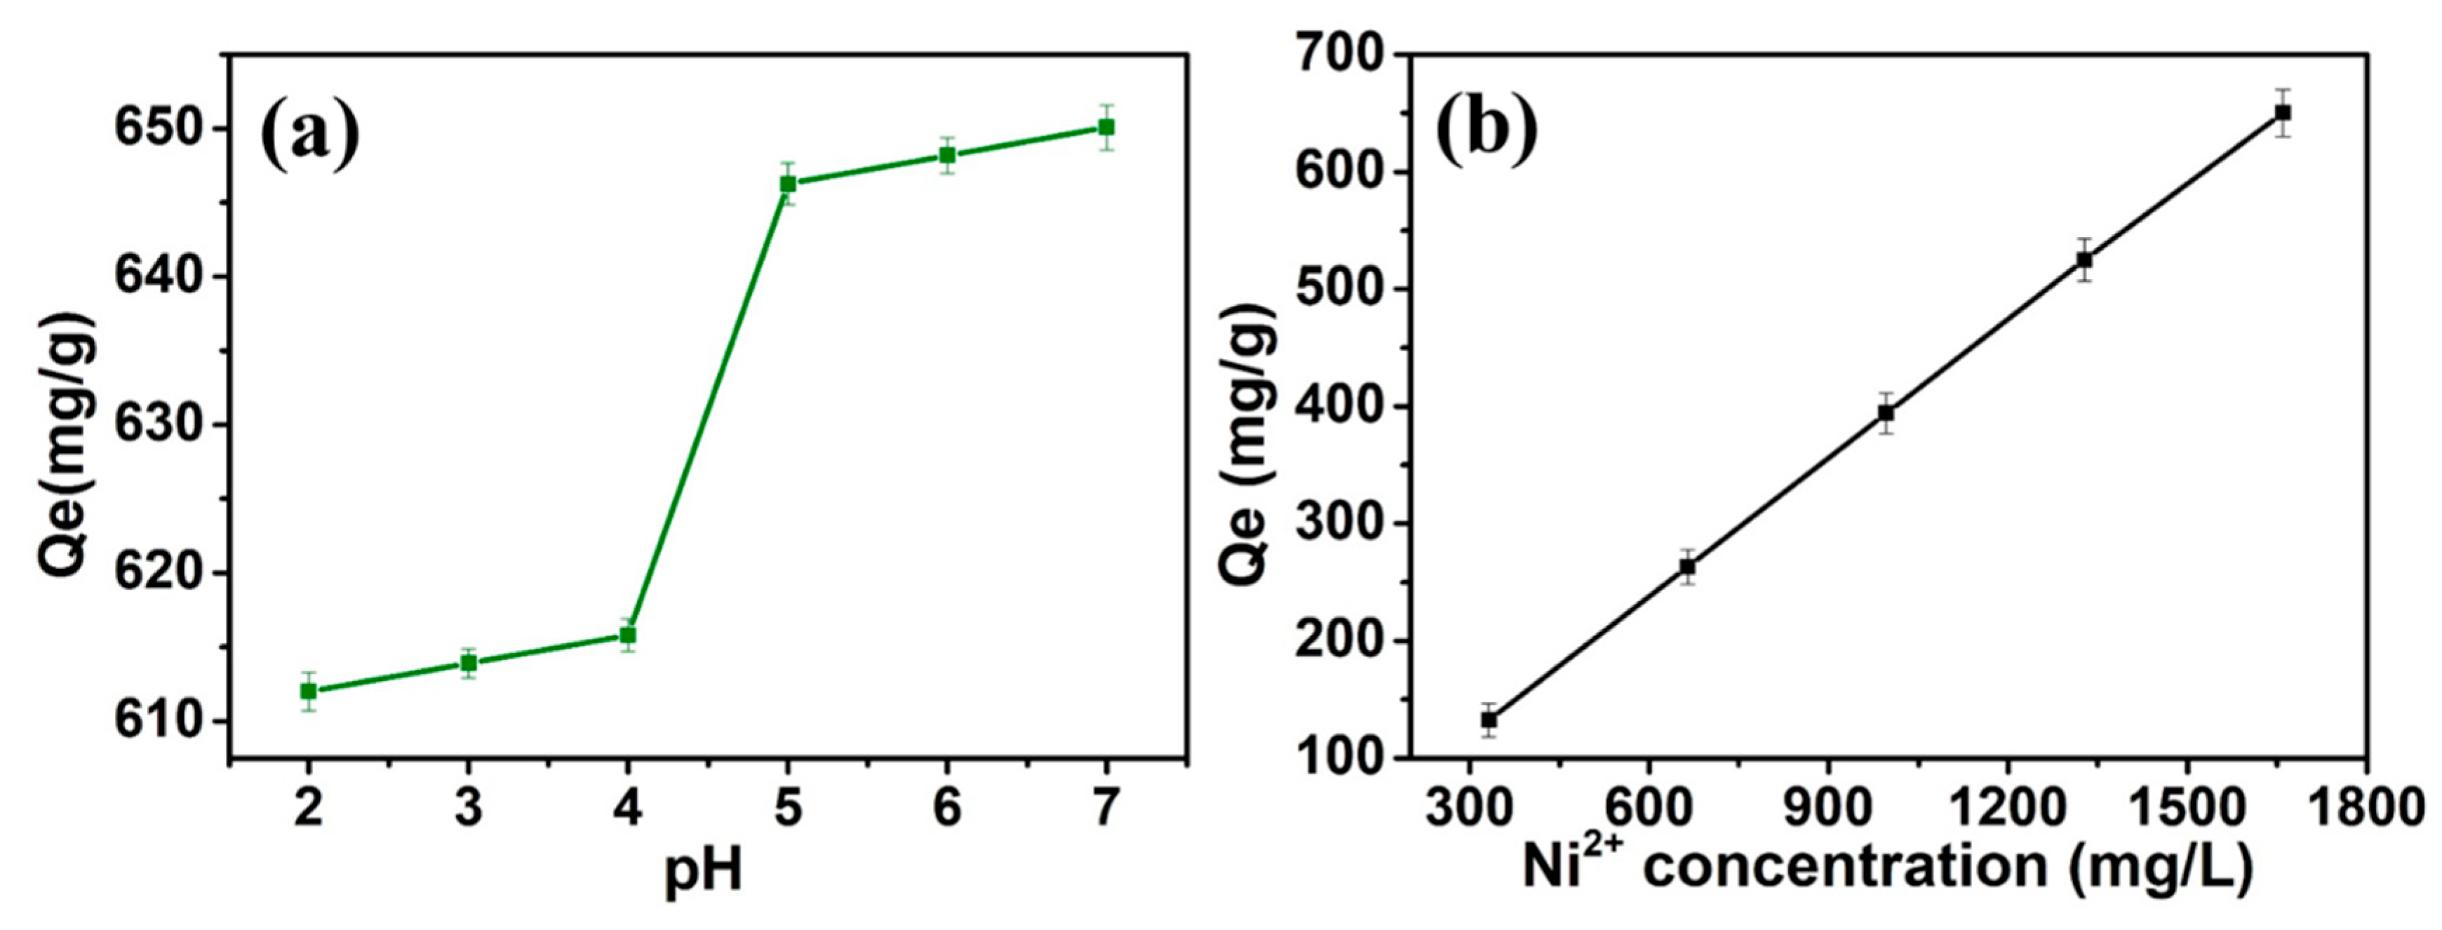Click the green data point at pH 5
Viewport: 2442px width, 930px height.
[x=788, y=184]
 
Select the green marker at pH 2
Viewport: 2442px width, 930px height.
[x=308, y=691]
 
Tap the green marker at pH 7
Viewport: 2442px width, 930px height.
[x=1106, y=127]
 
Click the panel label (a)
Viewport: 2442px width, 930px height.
[x=309, y=135]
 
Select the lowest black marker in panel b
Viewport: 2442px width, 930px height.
[x=1489, y=720]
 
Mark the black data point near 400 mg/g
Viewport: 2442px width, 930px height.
[x=1886, y=413]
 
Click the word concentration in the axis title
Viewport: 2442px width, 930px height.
[x=1844, y=866]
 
